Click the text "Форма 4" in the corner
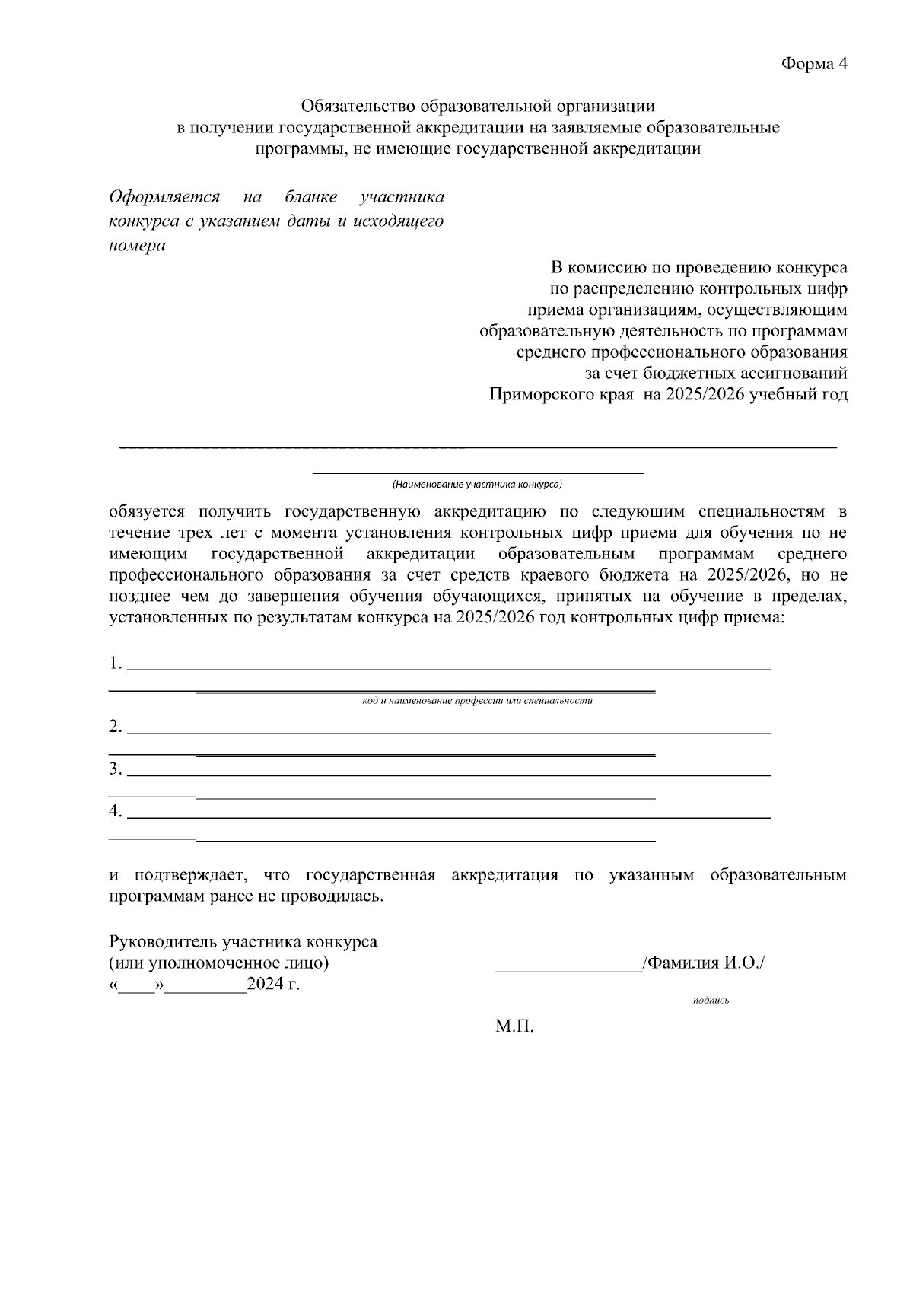point(813,64)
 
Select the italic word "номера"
point(137,247)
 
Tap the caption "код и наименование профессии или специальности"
point(477,701)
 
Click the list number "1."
point(116,663)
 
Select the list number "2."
point(116,727)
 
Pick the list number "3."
point(116,769)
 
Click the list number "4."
point(116,812)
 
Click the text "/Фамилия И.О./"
point(704,963)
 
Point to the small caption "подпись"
point(711,1001)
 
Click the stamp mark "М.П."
point(514,1028)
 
